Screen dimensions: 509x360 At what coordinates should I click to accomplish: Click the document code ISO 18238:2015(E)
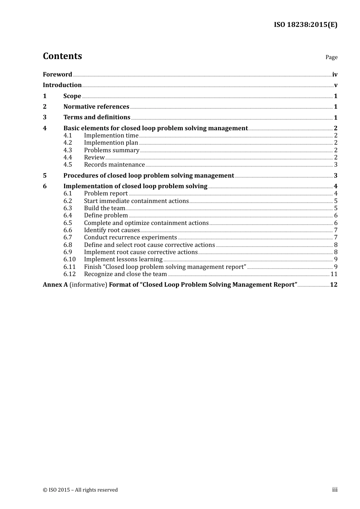click(x=305, y=25)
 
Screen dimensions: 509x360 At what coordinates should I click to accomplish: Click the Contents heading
click(x=62, y=56)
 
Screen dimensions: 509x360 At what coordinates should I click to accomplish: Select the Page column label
click(x=331, y=57)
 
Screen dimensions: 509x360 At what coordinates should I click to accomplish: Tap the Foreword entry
click(x=57, y=74)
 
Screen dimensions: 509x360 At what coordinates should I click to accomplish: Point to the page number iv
click(x=335, y=75)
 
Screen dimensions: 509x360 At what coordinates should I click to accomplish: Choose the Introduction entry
click(x=62, y=85)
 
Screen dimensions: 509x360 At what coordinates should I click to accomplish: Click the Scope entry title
click(x=72, y=96)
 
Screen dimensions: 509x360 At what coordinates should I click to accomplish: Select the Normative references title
click(x=96, y=106)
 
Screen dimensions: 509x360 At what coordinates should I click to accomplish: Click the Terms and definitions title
click(x=97, y=117)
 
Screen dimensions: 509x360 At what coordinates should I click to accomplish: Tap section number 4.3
click(x=67, y=150)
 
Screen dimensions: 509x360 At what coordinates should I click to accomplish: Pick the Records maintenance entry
click(x=114, y=165)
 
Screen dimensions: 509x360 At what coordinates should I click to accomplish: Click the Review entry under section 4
click(x=94, y=157)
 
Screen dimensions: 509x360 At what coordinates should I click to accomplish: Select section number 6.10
click(x=69, y=259)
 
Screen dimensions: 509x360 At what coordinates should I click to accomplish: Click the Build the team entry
click(x=104, y=208)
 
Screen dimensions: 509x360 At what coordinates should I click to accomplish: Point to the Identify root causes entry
click(x=112, y=230)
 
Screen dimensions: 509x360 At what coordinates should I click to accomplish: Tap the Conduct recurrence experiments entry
click(x=130, y=237)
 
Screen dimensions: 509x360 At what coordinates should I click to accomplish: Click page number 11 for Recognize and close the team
click(x=333, y=274)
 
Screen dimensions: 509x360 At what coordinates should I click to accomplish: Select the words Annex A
click(x=55, y=285)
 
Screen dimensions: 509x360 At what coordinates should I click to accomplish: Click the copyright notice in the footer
click(x=80, y=490)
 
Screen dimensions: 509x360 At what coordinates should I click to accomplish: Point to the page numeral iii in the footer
click(x=335, y=490)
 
